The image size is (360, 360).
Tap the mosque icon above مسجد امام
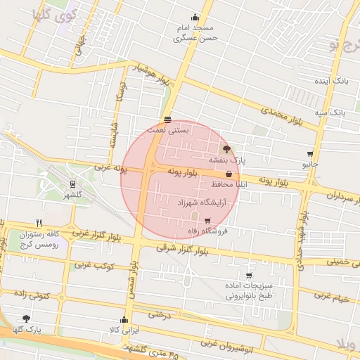pyautogui.click(x=194, y=18)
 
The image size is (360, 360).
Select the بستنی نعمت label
pyautogui.click(x=169, y=130)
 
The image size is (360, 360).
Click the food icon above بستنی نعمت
pyautogui.click(x=167, y=119)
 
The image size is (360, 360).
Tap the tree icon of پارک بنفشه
pyautogui.click(x=226, y=149)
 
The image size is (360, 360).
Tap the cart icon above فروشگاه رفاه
pyautogui.click(x=207, y=220)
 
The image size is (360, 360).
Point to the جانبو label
pyautogui.click(x=310, y=164)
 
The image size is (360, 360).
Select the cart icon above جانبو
pyautogui.click(x=310, y=153)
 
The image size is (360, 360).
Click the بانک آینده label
pyautogui.click(x=331, y=82)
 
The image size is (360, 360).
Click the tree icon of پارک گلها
pyautogui.click(x=26, y=319)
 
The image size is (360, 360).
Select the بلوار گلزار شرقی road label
pyautogui.click(x=182, y=249)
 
